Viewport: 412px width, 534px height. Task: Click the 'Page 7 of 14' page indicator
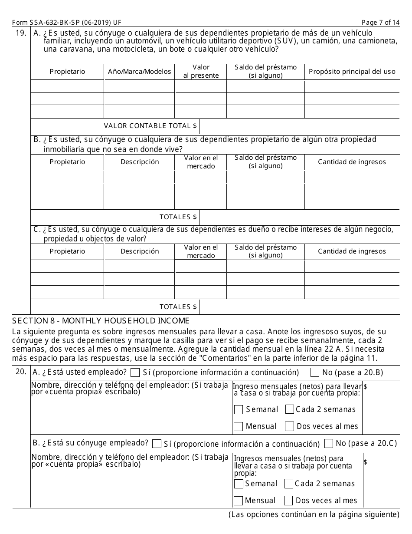tap(380, 23)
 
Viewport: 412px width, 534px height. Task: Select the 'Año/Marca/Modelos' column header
tap(139, 72)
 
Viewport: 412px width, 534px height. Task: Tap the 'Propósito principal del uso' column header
tap(352, 72)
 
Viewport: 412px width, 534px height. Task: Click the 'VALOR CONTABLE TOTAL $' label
tap(150, 126)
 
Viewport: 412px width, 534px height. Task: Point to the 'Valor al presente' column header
tap(200, 72)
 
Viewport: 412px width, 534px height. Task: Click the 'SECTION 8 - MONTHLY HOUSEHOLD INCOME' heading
tap(101, 321)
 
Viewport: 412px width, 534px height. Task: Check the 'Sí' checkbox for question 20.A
tap(135, 372)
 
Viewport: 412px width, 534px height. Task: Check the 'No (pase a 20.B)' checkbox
tap(315, 372)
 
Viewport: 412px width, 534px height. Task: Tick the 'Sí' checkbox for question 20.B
tap(157, 444)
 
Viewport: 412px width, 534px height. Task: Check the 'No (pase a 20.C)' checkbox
tap(329, 443)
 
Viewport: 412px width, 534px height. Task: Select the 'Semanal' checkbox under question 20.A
tap(239, 409)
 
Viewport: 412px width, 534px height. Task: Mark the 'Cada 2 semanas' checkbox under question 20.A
tap(290, 409)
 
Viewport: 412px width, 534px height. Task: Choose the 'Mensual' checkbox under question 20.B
tap(238, 501)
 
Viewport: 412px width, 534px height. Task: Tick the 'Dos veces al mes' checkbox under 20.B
tap(288, 501)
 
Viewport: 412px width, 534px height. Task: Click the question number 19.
tap(21, 33)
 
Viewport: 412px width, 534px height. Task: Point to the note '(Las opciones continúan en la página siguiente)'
tap(314, 515)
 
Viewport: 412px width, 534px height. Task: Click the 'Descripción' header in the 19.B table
tap(139, 162)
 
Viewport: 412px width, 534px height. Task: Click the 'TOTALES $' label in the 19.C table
tap(178, 307)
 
